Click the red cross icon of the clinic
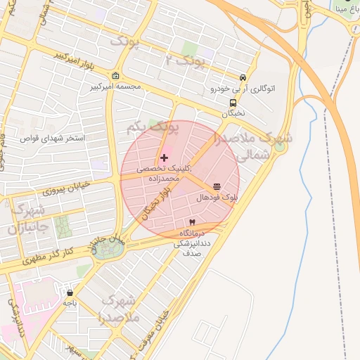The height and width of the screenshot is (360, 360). click(165, 158)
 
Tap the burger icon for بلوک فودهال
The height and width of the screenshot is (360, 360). click(216, 187)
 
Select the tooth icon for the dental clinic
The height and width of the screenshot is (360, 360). click(192, 222)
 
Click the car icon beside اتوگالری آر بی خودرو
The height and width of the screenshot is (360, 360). click(243, 78)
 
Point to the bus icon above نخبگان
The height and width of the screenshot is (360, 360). click(233, 101)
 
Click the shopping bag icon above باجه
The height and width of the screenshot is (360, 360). click(70, 292)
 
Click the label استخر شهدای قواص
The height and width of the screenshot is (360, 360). click(53, 139)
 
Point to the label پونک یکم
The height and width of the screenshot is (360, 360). click(153, 129)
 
